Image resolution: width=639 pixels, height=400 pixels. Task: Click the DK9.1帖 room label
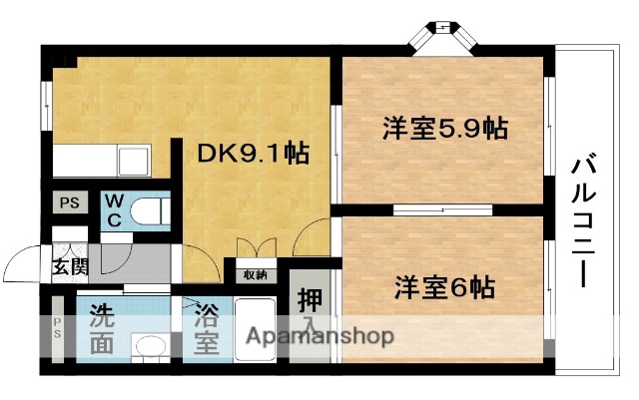[251, 154]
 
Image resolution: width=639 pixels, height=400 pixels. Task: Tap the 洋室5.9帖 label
[444, 129]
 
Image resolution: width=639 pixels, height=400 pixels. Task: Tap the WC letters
[114, 210]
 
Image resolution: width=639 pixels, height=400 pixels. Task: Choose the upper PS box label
[69, 203]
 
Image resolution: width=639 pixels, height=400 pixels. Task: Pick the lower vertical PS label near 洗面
[56, 328]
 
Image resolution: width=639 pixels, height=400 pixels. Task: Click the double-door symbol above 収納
[252, 249]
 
